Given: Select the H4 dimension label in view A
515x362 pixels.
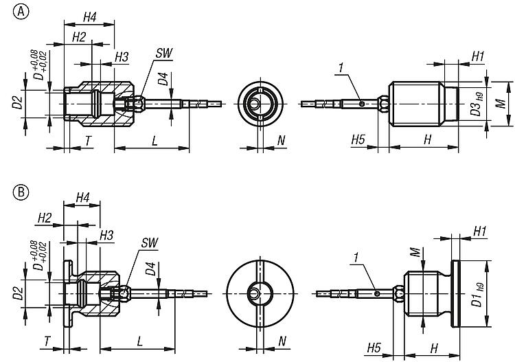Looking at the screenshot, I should click(89, 16).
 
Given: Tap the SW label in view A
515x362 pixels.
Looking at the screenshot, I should click(163, 52).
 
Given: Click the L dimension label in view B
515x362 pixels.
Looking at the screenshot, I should click(140, 340).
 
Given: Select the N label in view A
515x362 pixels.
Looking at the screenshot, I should click(282, 141).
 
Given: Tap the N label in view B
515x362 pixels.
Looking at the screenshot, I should click(282, 341).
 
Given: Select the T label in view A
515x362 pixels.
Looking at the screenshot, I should click(89, 141).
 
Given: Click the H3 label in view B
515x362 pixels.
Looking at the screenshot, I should click(106, 236).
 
